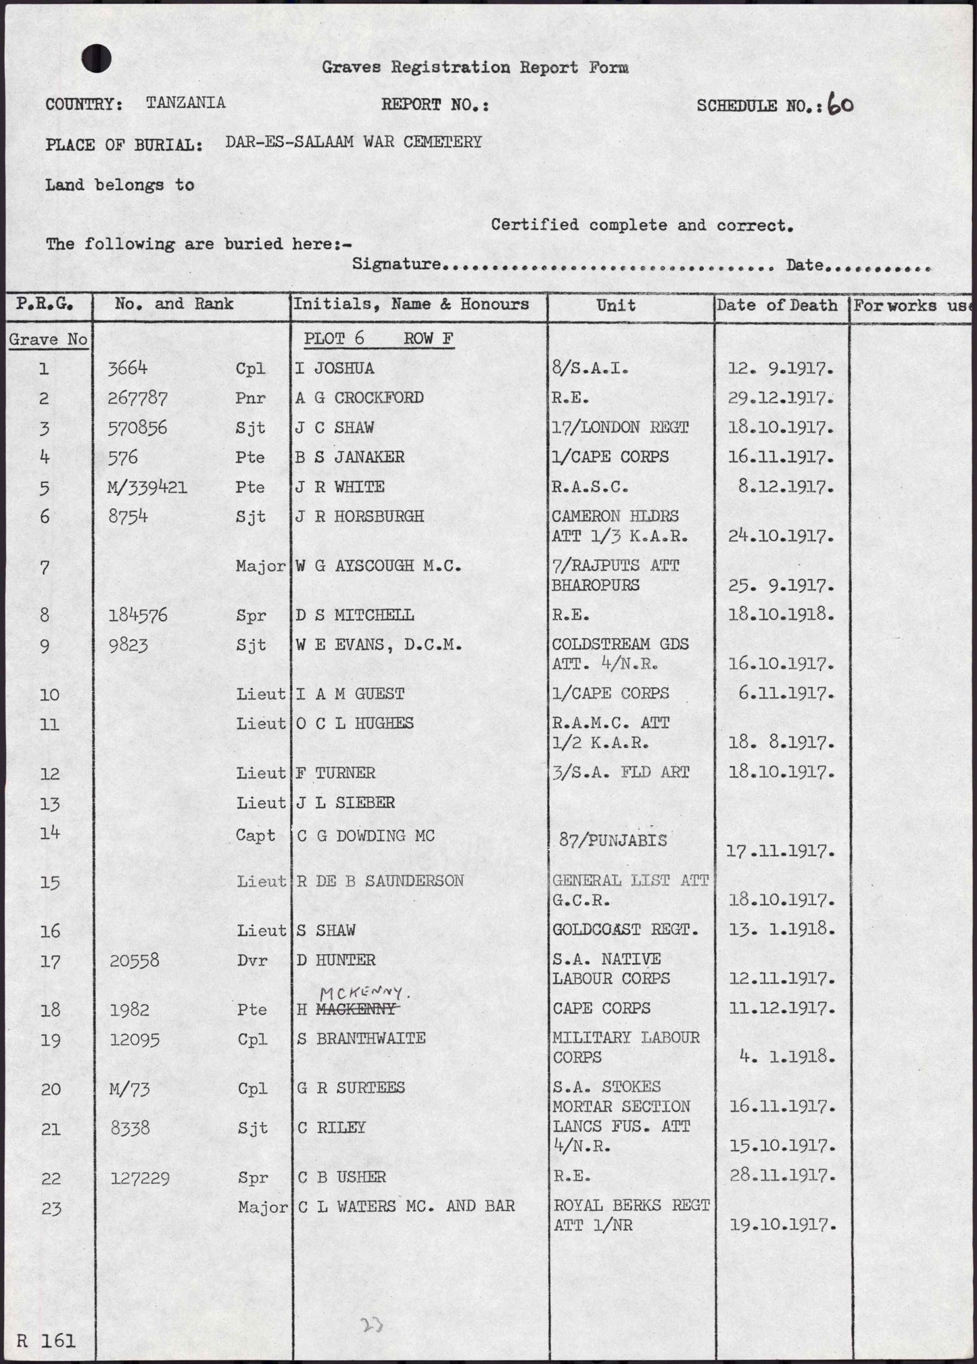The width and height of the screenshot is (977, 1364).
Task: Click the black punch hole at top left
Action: (97, 59)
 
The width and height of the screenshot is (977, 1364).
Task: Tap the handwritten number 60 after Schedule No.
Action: (840, 105)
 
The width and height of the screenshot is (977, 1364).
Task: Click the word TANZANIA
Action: (185, 103)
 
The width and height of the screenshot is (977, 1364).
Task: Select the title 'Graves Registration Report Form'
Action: (475, 67)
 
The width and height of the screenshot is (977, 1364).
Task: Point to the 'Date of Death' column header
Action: (777, 305)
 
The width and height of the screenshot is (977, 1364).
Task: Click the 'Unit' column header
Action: (616, 305)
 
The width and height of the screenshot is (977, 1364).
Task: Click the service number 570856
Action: (137, 427)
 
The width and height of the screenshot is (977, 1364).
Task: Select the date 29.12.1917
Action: (780, 398)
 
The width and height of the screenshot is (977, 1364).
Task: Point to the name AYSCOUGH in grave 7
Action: (369, 566)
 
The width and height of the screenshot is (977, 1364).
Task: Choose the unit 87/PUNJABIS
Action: (613, 841)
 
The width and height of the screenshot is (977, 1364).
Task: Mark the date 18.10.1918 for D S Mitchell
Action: (780, 615)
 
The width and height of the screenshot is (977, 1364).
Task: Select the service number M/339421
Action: (147, 487)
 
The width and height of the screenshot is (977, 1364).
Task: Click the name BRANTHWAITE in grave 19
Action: (371, 1039)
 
